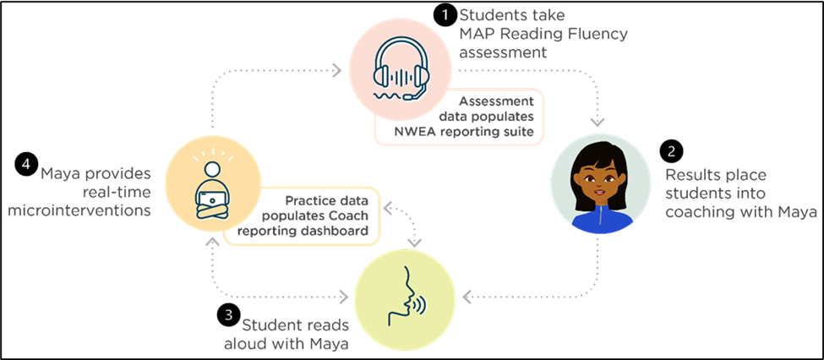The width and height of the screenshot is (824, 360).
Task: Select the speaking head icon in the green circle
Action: point(404,297)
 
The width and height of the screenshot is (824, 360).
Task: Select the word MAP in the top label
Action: point(477,35)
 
